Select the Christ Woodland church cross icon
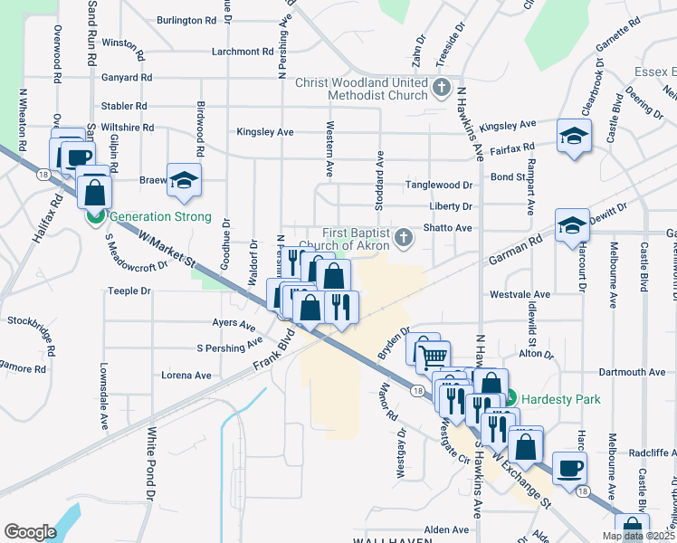pos(441,88)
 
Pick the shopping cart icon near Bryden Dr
pos(432,355)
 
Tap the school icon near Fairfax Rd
pos(573,138)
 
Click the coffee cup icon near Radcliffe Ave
pos(568,468)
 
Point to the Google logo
pos(30,531)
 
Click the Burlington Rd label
pos(186,19)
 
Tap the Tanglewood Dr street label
pos(440,185)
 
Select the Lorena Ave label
pos(186,375)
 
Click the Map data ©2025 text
pos(637,536)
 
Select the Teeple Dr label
pos(129,291)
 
